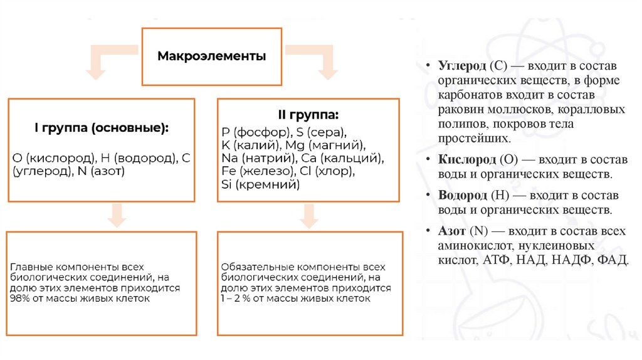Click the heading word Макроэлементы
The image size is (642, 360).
[x=211, y=56]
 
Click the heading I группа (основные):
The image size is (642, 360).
[x=101, y=128]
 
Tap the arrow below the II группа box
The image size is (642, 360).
[x=308, y=216]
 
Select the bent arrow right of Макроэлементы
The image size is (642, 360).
[x=315, y=59]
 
